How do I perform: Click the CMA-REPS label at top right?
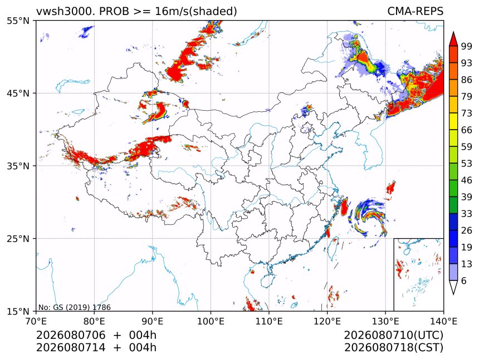click(x=415, y=11)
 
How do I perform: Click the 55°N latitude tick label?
click(x=18, y=21)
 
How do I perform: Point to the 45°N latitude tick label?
click(x=18, y=93)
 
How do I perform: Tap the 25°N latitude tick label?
click(x=18, y=239)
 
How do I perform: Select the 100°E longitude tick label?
click(x=211, y=321)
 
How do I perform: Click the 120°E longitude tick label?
click(x=327, y=321)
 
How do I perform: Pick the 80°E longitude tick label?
click(x=94, y=321)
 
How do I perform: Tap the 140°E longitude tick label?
click(x=443, y=321)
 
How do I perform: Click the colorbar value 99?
click(x=467, y=46)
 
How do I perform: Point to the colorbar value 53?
click(x=467, y=164)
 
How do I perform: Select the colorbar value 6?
click(x=464, y=280)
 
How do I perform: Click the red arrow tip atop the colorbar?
click(x=453, y=32)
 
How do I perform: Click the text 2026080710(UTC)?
click(x=393, y=336)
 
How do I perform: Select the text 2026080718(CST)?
click(x=393, y=348)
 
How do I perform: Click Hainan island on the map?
click(x=267, y=280)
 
